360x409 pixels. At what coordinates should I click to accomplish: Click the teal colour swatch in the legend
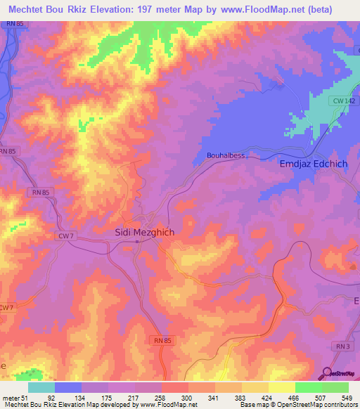click(41, 388)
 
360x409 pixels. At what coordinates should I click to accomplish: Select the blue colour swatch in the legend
click(68, 388)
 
